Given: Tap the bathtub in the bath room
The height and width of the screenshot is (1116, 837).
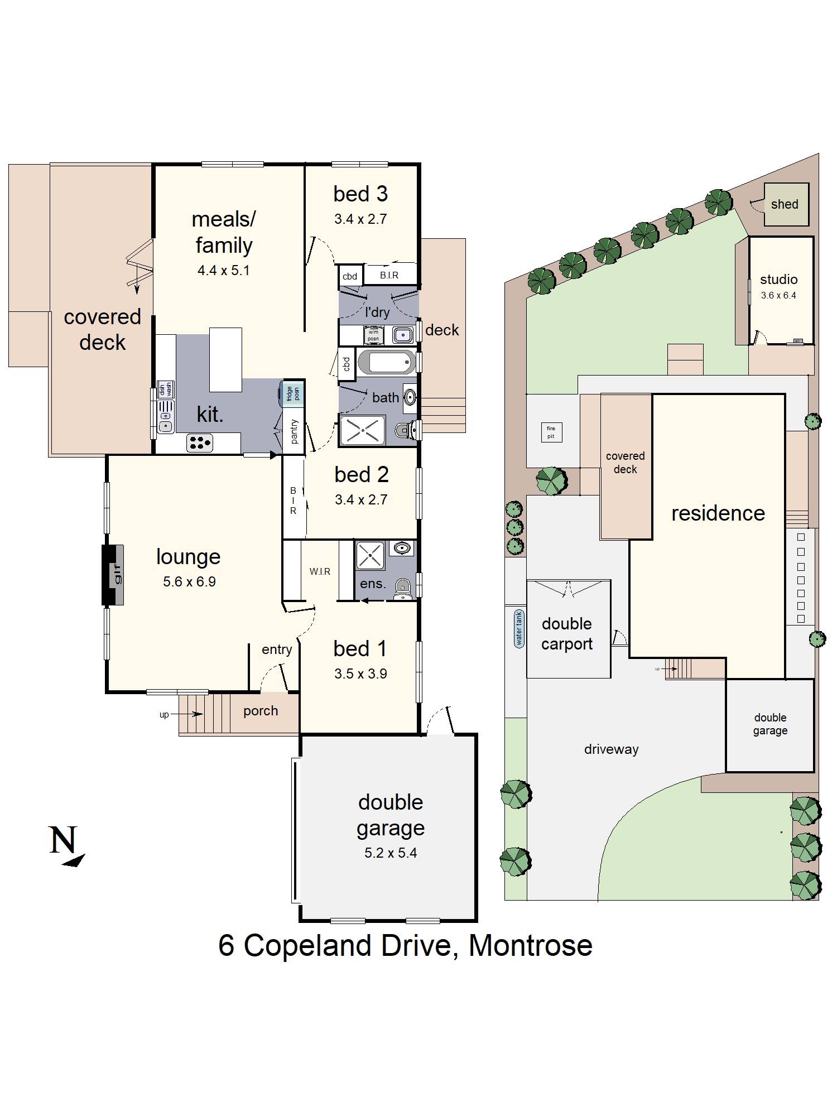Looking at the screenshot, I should [x=386, y=363].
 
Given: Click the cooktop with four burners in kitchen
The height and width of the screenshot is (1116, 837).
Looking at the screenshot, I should [x=200, y=442].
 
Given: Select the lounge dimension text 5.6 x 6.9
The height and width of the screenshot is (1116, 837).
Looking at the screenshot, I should [x=189, y=581].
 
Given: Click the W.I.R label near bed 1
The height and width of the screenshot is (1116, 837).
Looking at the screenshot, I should [x=320, y=571].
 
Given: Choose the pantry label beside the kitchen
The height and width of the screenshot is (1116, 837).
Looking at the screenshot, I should [x=294, y=431].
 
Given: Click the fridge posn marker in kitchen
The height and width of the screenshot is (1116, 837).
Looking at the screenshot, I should [x=292, y=393].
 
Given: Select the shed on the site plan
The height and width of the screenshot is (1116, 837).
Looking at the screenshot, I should [x=786, y=204].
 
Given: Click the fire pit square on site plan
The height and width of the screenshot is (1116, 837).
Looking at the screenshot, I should [x=551, y=432].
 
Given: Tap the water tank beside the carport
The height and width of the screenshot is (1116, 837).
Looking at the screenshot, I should [x=519, y=628].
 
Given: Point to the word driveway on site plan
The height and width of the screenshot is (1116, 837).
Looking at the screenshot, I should [x=611, y=749].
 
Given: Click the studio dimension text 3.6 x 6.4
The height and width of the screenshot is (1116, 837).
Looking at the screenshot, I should [x=778, y=295].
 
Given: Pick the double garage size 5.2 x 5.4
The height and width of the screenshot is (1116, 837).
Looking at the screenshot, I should [x=390, y=853].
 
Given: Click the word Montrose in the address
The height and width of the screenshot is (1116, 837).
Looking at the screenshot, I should [x=530, y=945].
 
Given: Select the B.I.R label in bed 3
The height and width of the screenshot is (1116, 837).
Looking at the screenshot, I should [x=389, y=275].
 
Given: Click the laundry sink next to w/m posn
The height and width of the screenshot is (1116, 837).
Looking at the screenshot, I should [x=402, y=335].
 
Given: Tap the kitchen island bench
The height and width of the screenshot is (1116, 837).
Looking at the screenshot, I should [x=225, y=359].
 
